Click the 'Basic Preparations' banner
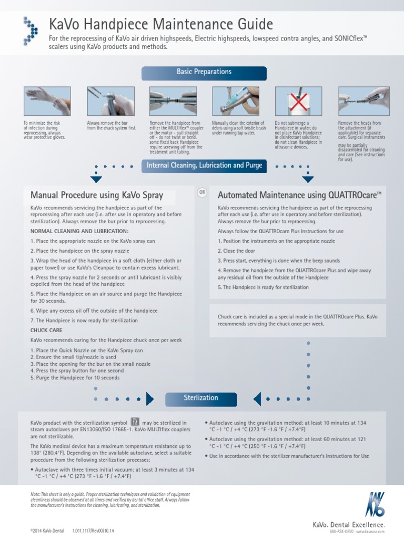(x=204, y=72)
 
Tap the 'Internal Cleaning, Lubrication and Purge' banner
(x=204, y=166)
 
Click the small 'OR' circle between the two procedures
(x=203, y=193)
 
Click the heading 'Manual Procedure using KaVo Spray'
(x=97, y=196)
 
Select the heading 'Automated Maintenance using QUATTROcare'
(x=299, y=196)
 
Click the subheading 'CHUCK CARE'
(x=47, y=330)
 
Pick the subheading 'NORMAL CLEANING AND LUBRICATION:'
(x=79, y=231)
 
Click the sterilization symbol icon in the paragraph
(x=135, y=422)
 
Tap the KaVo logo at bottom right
(x=376, y=505)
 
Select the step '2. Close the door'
(x=236, y=251)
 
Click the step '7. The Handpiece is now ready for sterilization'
(x=84, y=321)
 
